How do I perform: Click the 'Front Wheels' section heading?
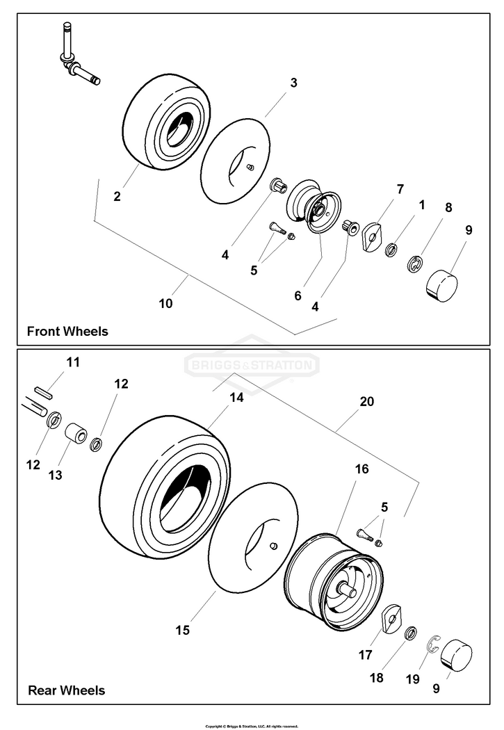click(67, 331)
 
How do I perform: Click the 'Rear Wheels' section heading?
click(66, 690)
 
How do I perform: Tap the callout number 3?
click(293, 83)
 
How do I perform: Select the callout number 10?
click(166, 303)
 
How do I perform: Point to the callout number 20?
click(366, 402)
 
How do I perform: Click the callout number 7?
click(400, 189)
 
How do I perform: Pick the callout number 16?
click(361, 469)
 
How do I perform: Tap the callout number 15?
click(182, 630)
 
